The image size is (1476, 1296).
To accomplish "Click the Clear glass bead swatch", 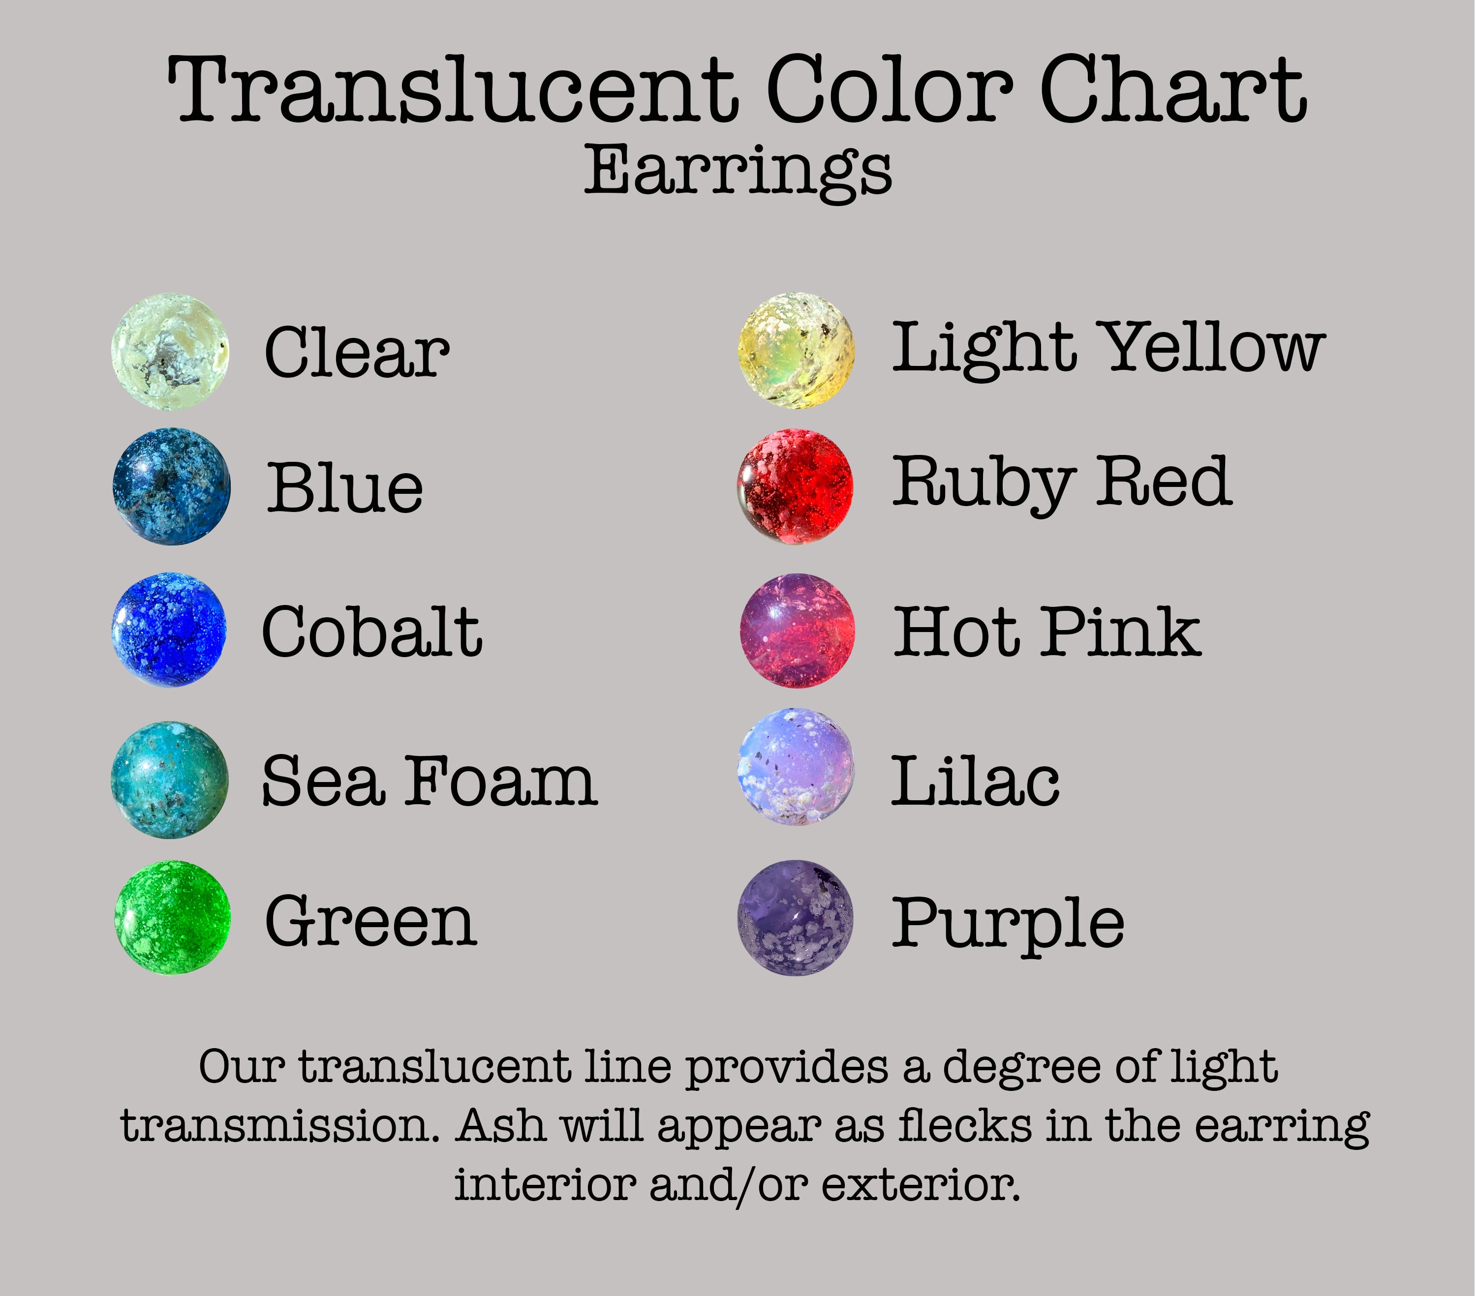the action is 170,352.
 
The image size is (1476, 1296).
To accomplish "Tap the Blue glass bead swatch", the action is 172,486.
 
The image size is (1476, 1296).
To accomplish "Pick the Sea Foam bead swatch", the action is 170,780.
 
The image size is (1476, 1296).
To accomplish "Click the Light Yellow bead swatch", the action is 797,350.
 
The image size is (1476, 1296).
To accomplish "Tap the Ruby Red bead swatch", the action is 795,486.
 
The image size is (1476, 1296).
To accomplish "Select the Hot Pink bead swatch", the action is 797,631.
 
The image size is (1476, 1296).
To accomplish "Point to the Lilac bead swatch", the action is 796,767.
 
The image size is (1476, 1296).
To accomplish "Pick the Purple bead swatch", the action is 796,918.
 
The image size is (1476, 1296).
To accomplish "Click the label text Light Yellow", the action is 1108,348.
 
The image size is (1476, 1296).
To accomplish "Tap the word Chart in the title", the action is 1173,90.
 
